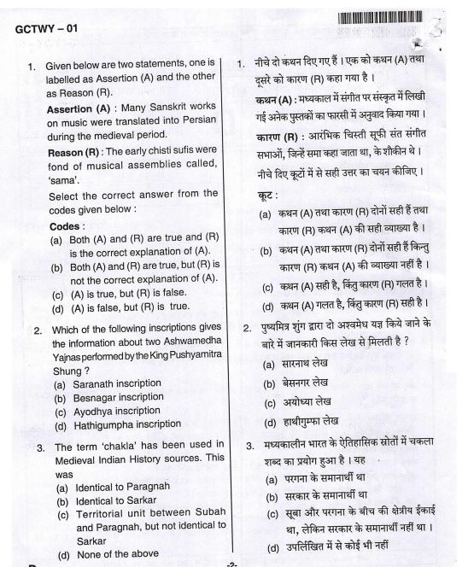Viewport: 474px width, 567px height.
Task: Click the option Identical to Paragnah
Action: pos(119,475)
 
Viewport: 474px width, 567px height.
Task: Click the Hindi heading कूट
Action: pos(267,195)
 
